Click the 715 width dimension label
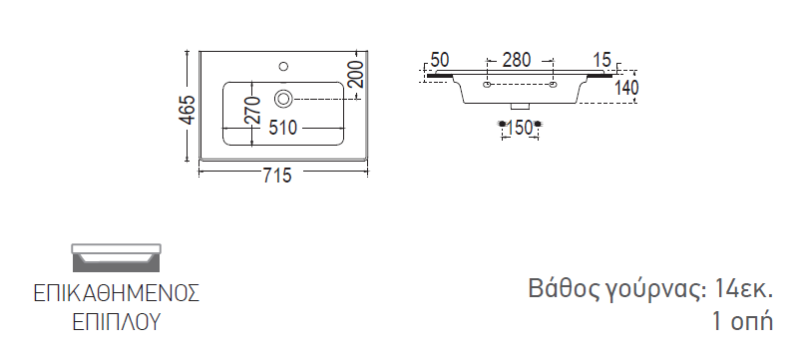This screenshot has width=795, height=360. (x=277, y=176)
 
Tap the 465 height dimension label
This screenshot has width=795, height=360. (x=187, y=110)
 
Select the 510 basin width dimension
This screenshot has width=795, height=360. (x=282, y=128)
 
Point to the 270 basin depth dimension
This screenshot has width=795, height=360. (x=252, y=110)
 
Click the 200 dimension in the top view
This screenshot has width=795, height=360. (x=356, y=74)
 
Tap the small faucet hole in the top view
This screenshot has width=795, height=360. (x=283, y=66)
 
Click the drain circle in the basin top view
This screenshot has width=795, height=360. (x=283, y=99)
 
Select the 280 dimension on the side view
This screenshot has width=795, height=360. (x=516, y=61)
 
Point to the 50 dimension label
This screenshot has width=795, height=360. (x=440, y=60)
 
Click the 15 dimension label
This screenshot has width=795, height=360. (x=601, y=60)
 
